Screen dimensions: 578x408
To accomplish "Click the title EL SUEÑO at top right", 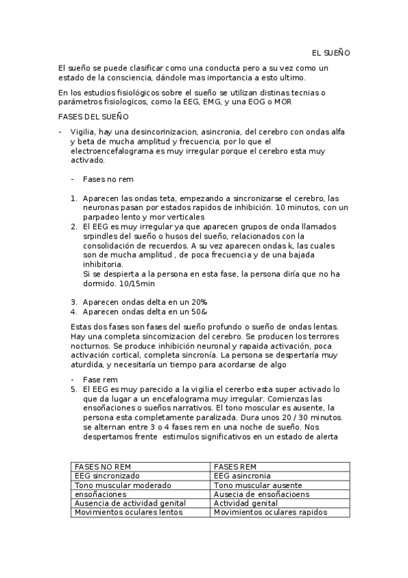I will (330, 52).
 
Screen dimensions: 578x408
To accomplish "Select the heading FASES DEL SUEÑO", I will (89, 117).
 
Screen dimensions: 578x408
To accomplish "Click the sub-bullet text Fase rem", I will (100, 379).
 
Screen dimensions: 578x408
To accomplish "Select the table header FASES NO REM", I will (103, 467).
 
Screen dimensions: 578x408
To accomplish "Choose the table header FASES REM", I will (236, 467).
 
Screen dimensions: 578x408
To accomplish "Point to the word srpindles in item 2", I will (99, 236).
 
